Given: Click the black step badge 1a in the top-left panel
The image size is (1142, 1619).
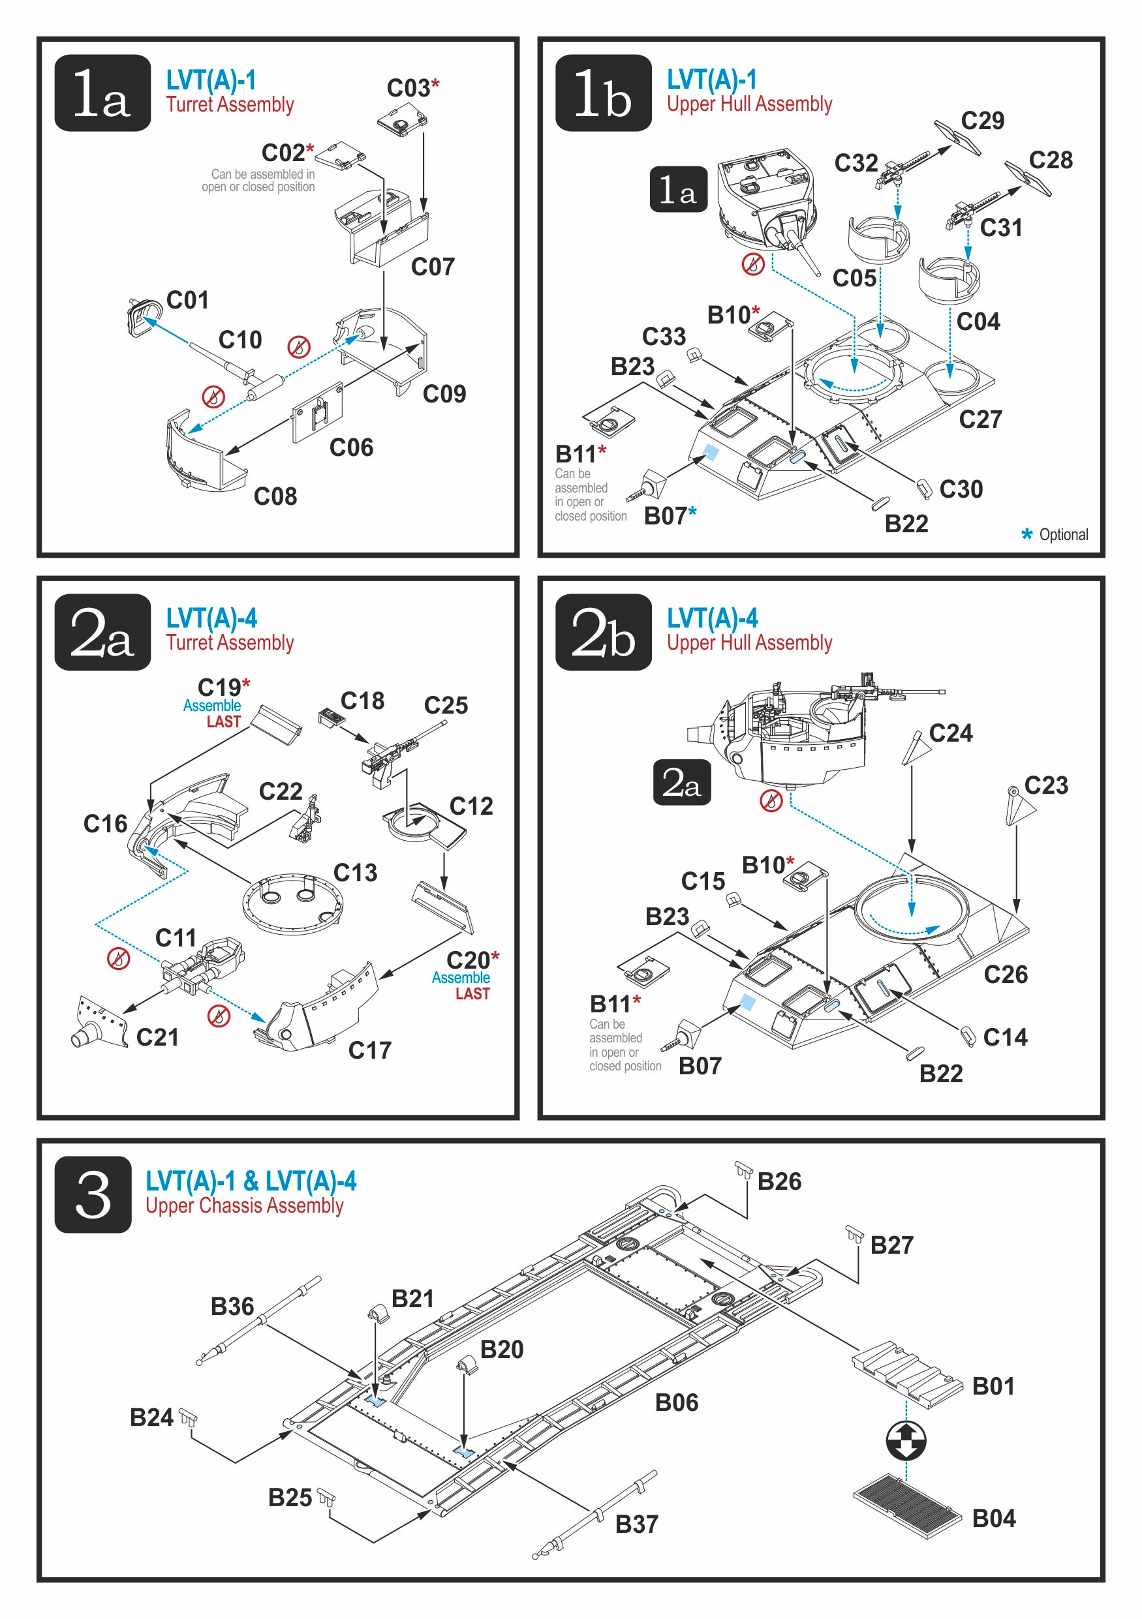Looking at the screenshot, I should coord(102,93).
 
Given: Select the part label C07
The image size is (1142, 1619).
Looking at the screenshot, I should coord(433,267).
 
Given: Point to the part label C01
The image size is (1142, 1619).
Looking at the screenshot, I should coord(187,301).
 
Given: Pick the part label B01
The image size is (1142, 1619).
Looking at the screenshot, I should coord(993,1385).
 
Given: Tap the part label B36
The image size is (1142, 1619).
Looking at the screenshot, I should coord(232,1306).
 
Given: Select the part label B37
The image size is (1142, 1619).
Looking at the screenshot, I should coord(636,1524).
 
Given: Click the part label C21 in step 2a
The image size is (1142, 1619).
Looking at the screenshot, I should coord(157,1037).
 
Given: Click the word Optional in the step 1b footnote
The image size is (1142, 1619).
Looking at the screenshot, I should coord(1063,534).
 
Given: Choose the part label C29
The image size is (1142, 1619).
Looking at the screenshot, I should coord(982,121).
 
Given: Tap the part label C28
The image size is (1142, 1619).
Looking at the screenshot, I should coord(1050,160).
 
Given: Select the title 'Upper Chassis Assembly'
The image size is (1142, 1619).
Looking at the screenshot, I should coord(244,1206).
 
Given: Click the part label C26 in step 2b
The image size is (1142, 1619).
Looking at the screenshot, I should coord(1005,975).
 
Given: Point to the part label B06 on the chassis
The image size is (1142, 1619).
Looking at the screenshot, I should coord(676,1402).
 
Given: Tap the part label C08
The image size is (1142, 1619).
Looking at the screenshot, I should coord(275,496).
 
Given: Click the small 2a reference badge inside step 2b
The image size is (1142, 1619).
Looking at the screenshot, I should coord(681,782).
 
